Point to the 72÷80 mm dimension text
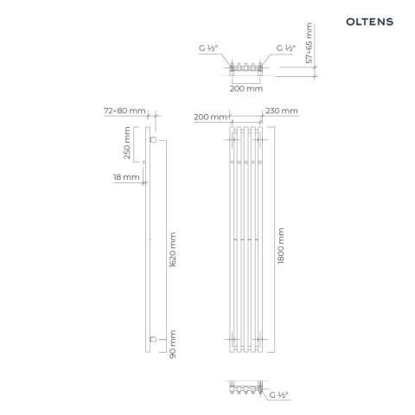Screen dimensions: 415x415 [x=124, y=112]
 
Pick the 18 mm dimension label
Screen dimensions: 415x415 [x=125, y=177]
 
